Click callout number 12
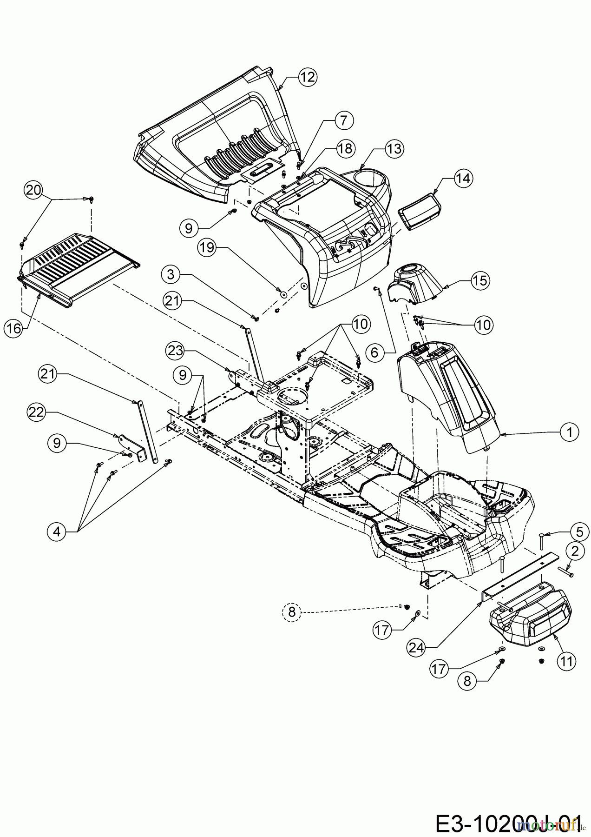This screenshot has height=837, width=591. coord(308,77)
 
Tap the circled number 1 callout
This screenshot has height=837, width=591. coord(570,432)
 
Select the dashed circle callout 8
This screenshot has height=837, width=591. coord(292,611)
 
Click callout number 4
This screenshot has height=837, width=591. coord(57,531)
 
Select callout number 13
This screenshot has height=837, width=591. coord(394,149)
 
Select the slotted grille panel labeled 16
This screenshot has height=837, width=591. coord(79,270)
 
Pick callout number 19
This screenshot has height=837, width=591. coord(207,247)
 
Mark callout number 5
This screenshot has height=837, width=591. coord(580,531)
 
